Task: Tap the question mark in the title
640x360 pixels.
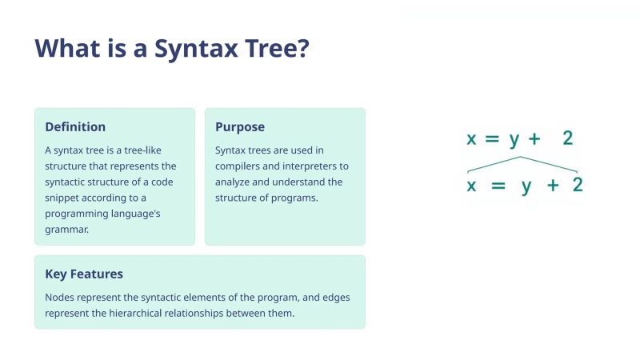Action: coord(302,48)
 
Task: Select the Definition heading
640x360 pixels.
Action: coord(75,126)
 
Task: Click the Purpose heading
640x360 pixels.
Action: coord(240,126)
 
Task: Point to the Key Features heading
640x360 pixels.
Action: coord(84,274)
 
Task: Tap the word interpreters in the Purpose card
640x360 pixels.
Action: coord(311,166)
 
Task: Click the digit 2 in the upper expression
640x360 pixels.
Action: coord(567,138)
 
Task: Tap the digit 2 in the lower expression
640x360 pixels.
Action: coord(578,185)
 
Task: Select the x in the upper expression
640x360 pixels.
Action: coord(471,138)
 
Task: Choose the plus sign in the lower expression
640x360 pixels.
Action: coord(552,186)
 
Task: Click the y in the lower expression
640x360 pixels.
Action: coord(526,187)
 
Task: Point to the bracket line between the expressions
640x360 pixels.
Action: coord(522,159)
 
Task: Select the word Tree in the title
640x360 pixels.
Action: coord(262,48)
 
